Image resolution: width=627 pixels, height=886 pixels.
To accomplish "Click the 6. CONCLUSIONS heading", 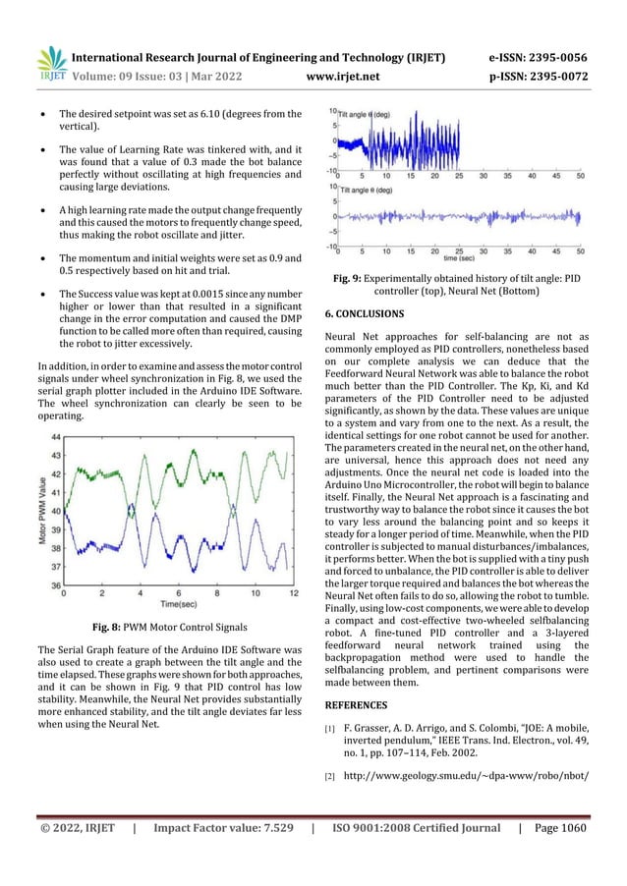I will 363,313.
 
